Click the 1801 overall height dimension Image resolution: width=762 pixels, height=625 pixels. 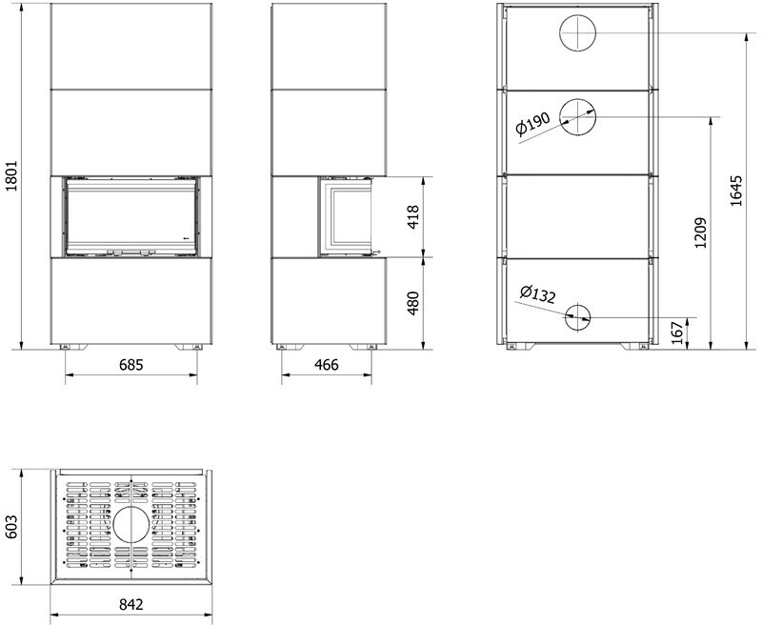11,176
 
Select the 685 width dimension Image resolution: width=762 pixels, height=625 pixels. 131,365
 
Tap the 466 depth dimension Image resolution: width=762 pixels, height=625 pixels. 327,365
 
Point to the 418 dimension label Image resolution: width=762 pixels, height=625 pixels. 412,217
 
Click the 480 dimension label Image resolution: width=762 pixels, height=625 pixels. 412,303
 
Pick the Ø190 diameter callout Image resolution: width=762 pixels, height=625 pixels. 533,123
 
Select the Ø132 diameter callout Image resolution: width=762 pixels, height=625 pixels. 537,294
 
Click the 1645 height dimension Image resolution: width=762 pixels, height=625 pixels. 736,191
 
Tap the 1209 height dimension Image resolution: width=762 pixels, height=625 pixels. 700,232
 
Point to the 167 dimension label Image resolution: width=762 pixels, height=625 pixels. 677,333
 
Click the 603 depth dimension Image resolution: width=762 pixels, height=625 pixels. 11,527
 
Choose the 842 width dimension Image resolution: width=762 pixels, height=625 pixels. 131,604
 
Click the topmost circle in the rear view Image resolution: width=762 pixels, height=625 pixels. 578,33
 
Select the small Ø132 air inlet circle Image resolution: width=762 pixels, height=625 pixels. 577,317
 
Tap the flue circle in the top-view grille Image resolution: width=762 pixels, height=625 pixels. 131,525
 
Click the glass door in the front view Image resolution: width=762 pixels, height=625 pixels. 131,216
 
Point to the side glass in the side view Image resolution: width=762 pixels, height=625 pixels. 347,216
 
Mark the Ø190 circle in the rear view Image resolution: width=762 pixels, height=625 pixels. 578,117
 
